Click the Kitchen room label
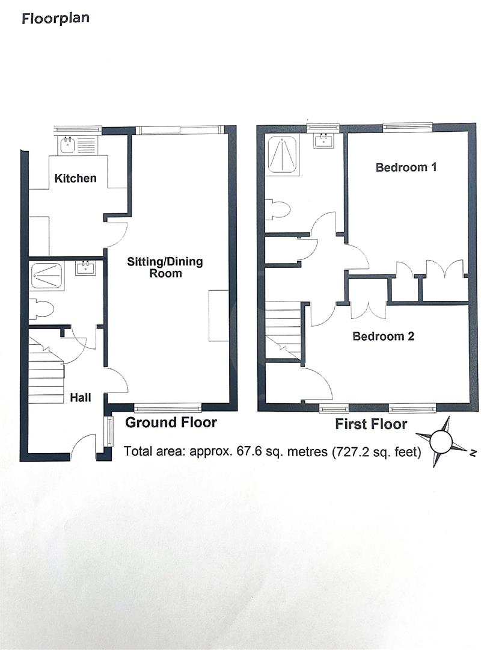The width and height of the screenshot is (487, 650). click(x=75, y=178)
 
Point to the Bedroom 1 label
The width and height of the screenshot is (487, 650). click(x=405, y=167)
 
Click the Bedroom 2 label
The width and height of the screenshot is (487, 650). click(x=383, y=336)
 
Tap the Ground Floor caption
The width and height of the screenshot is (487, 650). click(x=171, y=422)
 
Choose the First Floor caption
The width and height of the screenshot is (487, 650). click(x=370, y=424)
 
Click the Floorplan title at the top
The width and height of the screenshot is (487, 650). click(x=55, y=18)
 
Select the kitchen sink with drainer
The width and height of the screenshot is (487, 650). click(x=78, y=144)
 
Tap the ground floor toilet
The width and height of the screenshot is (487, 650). click(x=42, y=309)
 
